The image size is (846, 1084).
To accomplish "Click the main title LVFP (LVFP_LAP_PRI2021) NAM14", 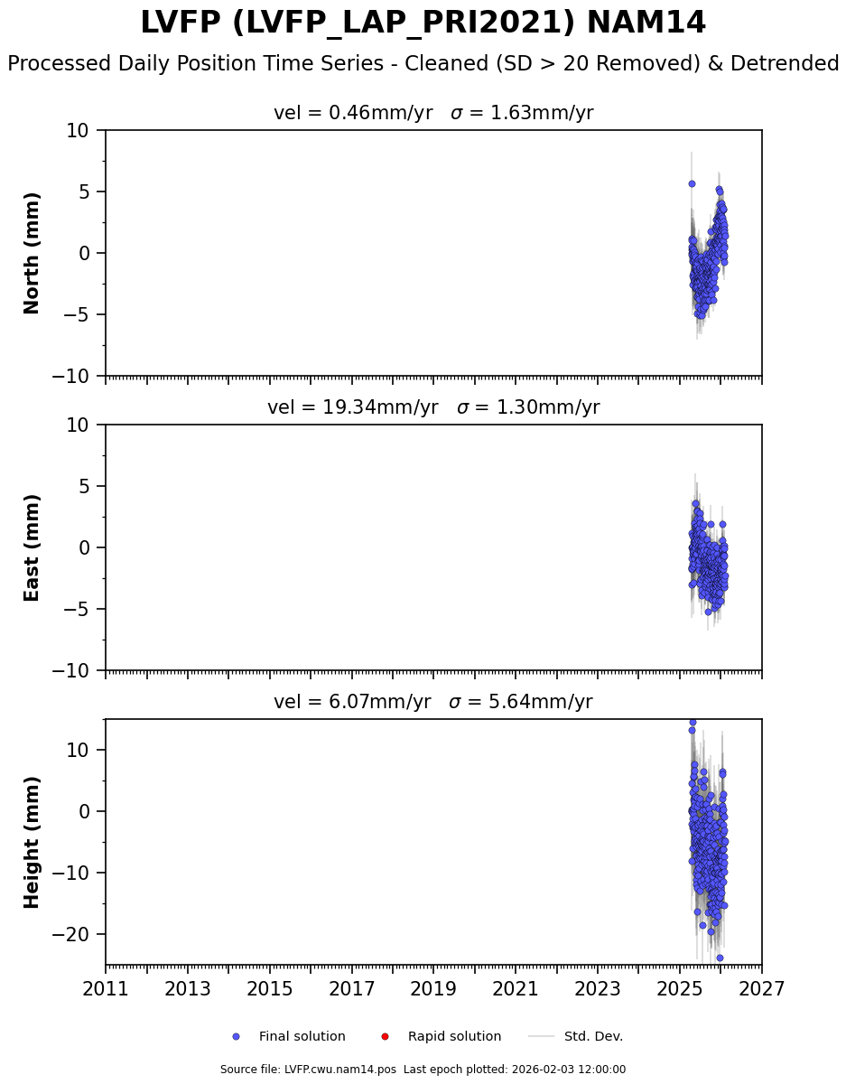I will pyautogui.click(x=423, y=23).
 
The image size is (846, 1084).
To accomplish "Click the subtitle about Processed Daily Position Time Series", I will pyautogui.click(x=423, y=64).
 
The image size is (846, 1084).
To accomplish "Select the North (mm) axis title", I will pyautogui.click(x=33, y=253).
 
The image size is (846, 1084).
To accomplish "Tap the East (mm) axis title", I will pyautogui.click(x=33, y=547).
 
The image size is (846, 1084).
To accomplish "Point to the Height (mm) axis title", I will pyautogui.click(x=33, y=842).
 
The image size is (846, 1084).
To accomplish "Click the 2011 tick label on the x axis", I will pyautogui.click(x=106, y=989).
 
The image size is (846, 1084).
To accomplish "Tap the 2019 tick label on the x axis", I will pyautogui.click(x=433, y=989).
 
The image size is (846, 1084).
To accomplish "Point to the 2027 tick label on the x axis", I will pyautogui.click(x=761, y=989).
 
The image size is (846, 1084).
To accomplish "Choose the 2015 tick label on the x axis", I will pyautogui.click(x=270, y=989).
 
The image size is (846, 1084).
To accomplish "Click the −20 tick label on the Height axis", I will pyautogui.click(x=76, y=934).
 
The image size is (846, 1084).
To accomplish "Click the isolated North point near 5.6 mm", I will pyautogui.click(x=692, y=183).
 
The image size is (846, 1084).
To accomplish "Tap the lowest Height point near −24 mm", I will pyautogui.click(x=720, y=958).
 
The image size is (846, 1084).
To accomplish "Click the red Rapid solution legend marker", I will pyautogui.click(x=385, y=1036).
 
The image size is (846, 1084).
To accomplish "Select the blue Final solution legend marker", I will pyautogui.click(x=236, y=1036).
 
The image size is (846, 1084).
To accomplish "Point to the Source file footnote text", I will pyautogui.click(x=423, y=1070).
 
